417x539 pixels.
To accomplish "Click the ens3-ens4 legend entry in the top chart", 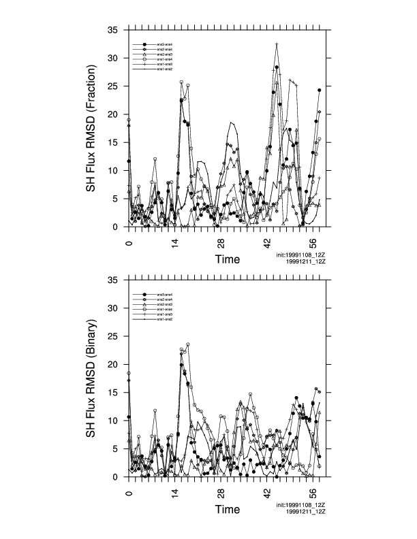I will pyautogui.click(x=164, y=45).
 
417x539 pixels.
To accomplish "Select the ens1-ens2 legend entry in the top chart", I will pyautogui.click(x=164, y=69).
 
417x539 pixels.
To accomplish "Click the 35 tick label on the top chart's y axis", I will pyautogui.click(x=114, y=30).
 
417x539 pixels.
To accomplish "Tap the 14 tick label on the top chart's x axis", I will pyautogui.click(x=175, y=243).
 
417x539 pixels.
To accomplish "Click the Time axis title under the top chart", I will pyautogui.click(x=227, y=259).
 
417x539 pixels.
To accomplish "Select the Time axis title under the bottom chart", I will pyautogui.click(x=227, y=509).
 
